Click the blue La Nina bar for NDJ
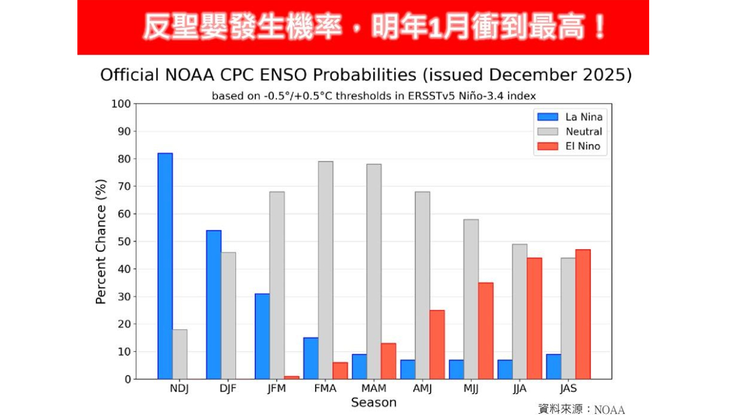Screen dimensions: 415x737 (x=165, y=266)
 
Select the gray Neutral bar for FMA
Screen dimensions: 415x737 (x=326, y=270)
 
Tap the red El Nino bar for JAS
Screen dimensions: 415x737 (x=583, y=314)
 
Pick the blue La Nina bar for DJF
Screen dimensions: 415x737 (x=214, y=304)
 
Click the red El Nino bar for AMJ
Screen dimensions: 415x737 (x=437, y=344)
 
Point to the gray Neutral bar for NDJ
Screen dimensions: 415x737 (x=180, y=354)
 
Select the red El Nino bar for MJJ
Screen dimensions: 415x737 (x=485, y=331)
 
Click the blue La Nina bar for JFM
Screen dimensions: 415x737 (x=262, y=336)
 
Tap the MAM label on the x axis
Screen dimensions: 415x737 (x=373, y=389)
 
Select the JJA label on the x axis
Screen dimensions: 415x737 (x=520, y=389)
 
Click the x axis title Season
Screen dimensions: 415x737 (x=373, y=403)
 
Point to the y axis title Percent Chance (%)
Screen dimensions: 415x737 (x=101, y=241)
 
